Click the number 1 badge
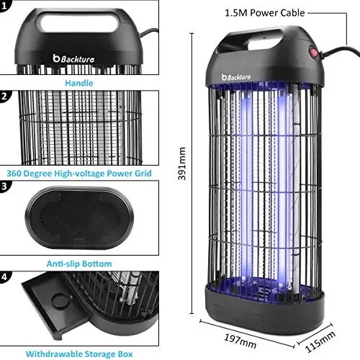click(5, 6)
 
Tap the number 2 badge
click(5, 95)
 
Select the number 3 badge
click(5, 185)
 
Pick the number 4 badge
click(5, 276)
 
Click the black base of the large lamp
click(264, 299)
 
